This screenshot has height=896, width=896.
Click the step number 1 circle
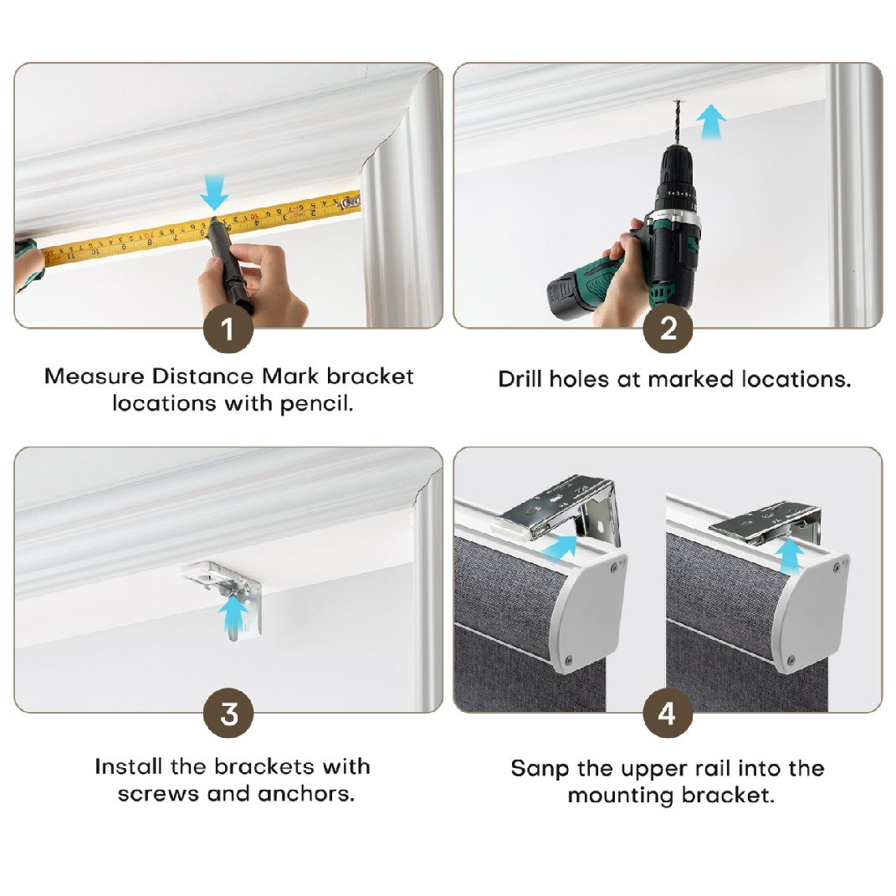tap(228, 329)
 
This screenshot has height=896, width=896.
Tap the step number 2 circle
tap(668, 329)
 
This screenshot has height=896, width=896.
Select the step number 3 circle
tap(228, 713)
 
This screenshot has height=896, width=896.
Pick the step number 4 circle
tap(668, 713)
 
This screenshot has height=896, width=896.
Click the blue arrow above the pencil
tap(214, 193)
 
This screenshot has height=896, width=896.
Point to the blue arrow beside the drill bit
tap(711, 121)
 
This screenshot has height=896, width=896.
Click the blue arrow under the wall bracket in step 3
tap(233, 617)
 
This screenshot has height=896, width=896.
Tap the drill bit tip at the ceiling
tap(678, 102)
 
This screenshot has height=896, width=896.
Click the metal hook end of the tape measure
tap(351, 201)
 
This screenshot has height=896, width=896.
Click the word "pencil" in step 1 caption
tap(316, 405)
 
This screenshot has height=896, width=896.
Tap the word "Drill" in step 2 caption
tap(520, 379)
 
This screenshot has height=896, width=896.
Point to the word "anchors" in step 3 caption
tap(305, 794)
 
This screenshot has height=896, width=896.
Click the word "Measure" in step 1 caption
tap(95, 376)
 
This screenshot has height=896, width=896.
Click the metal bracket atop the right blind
tap(765, 522)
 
